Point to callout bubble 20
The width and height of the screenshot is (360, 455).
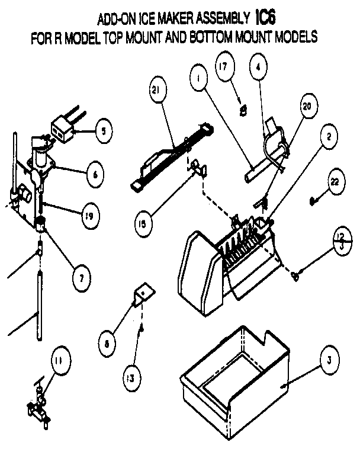tap(306, 107)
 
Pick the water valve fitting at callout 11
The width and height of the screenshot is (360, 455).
tap(37, 406)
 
